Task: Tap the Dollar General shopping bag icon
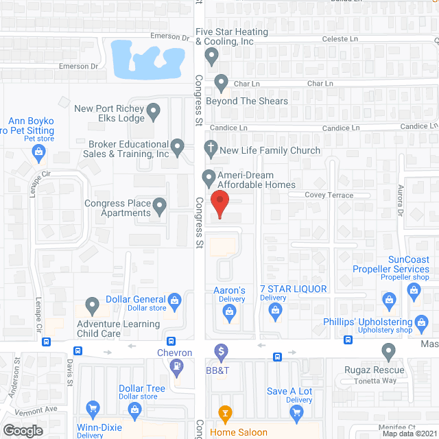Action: pos(175,300)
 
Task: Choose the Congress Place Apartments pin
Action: pos(159,205)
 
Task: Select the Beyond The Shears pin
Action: pos(221,84)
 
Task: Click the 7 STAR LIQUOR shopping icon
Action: pos(275,312)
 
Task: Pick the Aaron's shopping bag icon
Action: pos(230,312)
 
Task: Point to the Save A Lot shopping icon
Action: pos(296,412)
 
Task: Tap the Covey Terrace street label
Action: pos(329,195)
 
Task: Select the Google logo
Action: pos(23,430)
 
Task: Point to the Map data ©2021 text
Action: pos(409,434)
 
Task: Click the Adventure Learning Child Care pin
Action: pos(92,304)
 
